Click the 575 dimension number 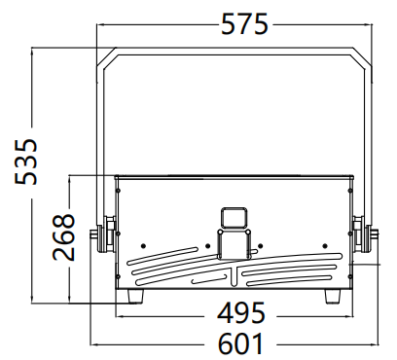click(244, 24)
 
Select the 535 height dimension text click(26, 162)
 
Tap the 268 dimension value click(63, 236)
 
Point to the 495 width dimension click(241, 313)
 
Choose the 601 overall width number click(240, 343)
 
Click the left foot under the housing click(135, 297)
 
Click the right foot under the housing click(333, 297)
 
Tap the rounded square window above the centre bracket click(235, 218)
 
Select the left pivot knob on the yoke click(103, 234)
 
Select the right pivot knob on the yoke click(365, 234)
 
